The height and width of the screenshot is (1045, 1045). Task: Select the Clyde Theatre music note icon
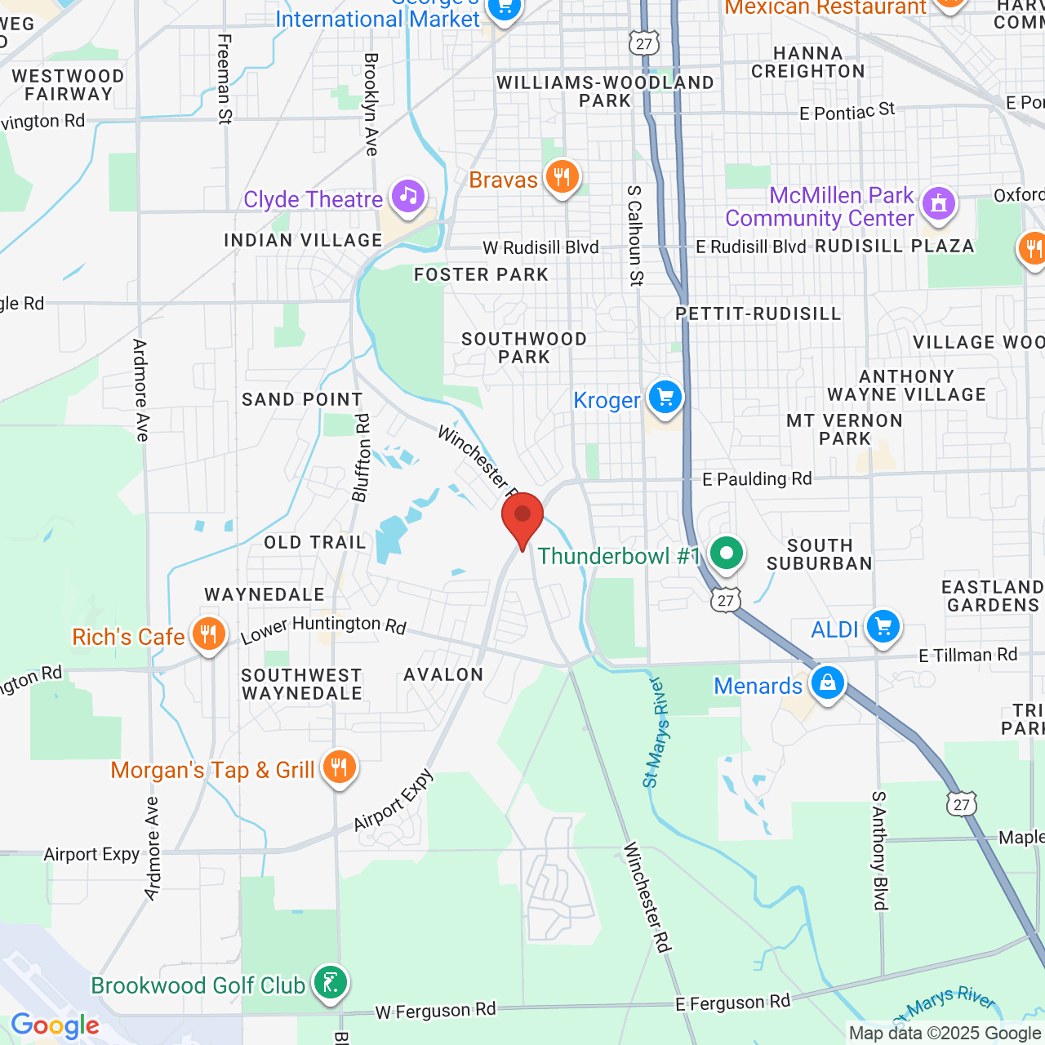[x=407, y=197]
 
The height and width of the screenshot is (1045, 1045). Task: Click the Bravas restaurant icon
[x=562, y=176]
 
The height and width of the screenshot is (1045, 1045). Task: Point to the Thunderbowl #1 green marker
[x=726, y=554]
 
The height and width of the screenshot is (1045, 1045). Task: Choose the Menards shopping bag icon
[x=827, y=683]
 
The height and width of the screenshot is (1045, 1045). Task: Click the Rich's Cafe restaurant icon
[x=208, y=634]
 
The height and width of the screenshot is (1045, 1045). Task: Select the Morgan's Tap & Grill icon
[x=338, y=767]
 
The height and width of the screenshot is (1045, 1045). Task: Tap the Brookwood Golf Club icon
[x=331, y=983]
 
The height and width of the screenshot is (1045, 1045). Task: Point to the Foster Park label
[x=481, y=275]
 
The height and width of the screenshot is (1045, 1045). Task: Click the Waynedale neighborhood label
[x=265, y=595]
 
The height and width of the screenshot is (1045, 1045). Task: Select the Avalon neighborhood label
[x=443, y=674]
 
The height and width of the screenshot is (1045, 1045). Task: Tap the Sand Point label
[x=302, y=399]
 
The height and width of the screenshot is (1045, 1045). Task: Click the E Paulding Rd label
[x=757, y=479]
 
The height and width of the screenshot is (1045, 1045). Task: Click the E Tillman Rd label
[x=967, y=655]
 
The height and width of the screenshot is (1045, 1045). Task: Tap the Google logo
[x=56, y=1025]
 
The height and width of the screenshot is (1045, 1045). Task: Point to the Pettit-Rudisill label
[x=758, y=314]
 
